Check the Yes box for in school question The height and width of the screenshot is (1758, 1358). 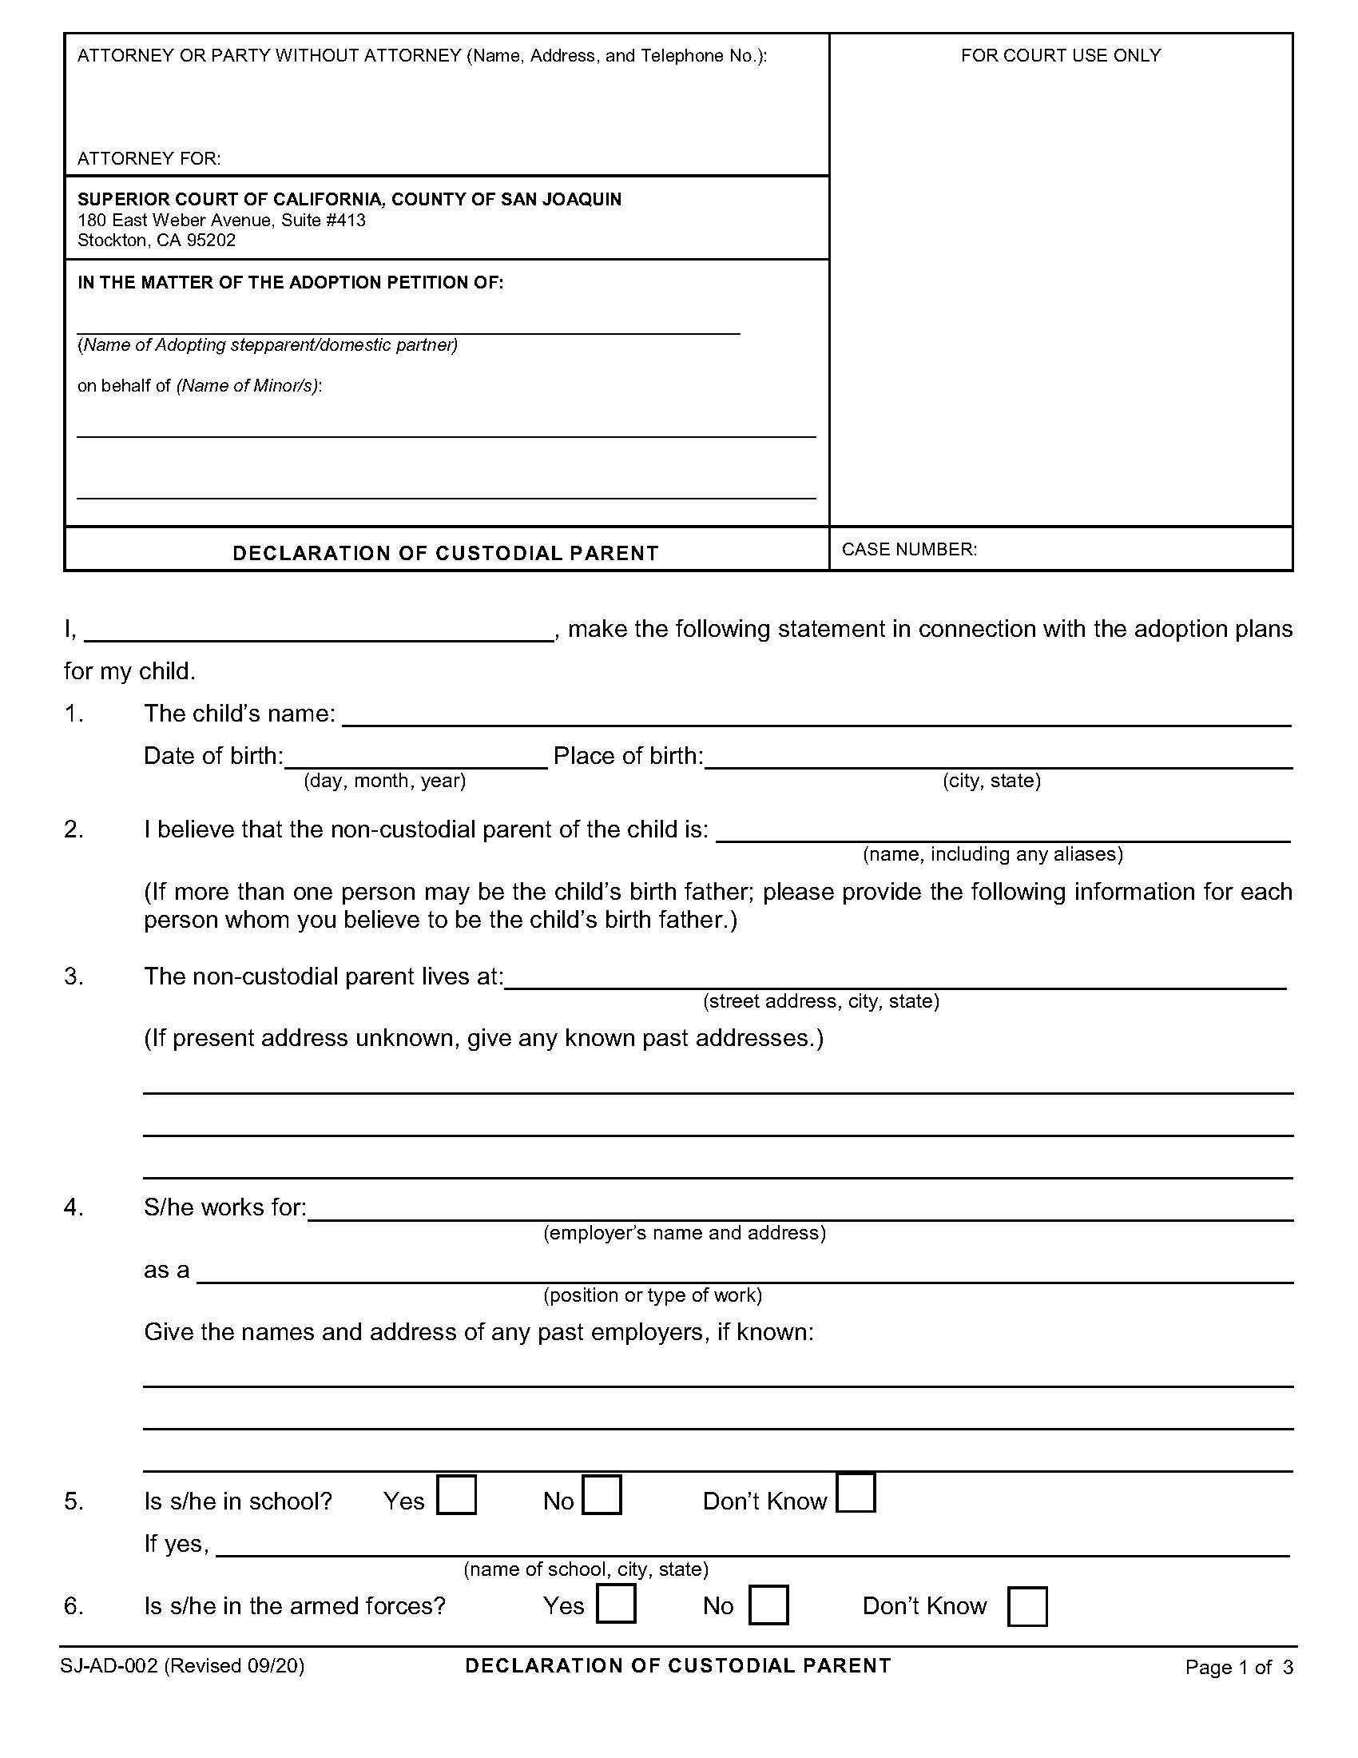pyautogui.click(x=456, y=1495)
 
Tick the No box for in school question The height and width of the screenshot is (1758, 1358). pyautogui.click(x=602, y=1495)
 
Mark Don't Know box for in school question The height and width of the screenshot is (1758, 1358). pyautogui.click(x=856, y=1494)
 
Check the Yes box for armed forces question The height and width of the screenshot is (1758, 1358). pyautogui.click(x=615, y=1604)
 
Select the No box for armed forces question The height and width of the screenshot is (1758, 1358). pyautogui.click(x=768, y=1605)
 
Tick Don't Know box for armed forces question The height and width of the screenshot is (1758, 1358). pyautogui.click(x=1026, y=1607)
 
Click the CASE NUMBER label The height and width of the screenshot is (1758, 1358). pyautogui.click(x=908, y=549)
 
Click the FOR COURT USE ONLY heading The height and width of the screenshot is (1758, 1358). pyautogui.click(x=1060, y=56)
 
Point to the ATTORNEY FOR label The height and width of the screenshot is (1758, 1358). pyautogui.click(x=149, y=158)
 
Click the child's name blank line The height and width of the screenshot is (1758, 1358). pyautogui.click(x=816, y=717)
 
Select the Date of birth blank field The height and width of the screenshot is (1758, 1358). pyautogui.click(x=415, y=758)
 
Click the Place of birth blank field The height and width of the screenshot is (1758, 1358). pyautogui.click(x=998, y=758)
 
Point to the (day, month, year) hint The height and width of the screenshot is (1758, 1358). pyautogui.click(x=384, y=780)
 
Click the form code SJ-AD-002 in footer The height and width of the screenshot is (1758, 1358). pyautogui.click(x=108, y=1665)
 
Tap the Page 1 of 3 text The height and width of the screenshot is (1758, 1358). pyautogui.click(x=1238, y=1667)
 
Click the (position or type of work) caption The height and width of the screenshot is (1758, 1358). pyautogui.click(x=653, y=1295)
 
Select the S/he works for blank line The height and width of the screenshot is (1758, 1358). pyautogui.click(x=800, y=1211)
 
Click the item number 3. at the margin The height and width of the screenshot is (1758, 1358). pyautogui.click(x=73, y=976)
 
